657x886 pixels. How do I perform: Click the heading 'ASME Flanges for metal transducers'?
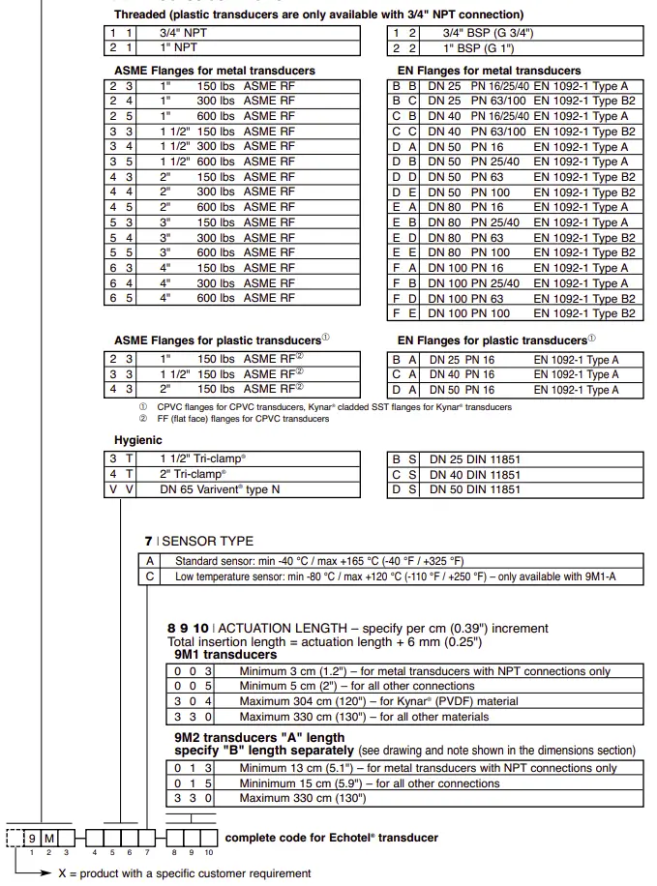[214, 71]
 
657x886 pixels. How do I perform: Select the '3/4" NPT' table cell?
[183, 32]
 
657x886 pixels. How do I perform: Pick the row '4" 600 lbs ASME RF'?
[226, 298]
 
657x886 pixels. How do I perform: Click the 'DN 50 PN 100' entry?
[468, 192]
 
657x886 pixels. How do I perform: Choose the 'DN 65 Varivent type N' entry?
[220, 489]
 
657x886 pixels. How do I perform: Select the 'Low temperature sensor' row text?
[394, 576]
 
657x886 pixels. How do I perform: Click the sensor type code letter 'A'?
[150, 561]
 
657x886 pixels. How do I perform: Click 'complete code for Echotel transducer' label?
[331, 838]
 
